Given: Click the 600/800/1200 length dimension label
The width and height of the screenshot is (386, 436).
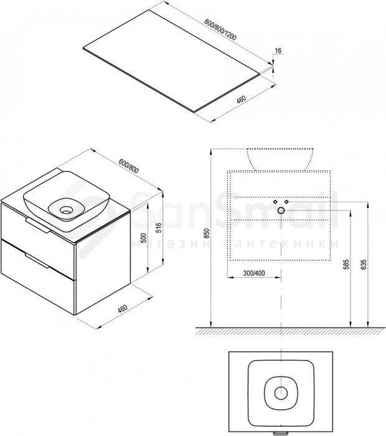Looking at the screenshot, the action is coord(220,29).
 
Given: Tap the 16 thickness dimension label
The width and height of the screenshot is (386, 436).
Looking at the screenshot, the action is coord(278,50).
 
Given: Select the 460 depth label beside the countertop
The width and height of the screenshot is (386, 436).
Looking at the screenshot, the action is coord(241,100).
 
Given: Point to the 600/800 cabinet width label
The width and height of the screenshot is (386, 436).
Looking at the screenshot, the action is coord(128,166).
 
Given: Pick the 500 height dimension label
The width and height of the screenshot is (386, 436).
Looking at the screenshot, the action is coord(143,239).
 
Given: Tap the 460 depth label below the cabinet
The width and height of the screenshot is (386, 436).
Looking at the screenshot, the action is coord(122,308).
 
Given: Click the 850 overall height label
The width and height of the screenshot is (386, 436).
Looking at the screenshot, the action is coord(207,234).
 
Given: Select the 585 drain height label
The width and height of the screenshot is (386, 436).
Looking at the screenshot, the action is coord(346,265).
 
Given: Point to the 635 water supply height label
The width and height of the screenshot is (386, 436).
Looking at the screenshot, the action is coord(364,265).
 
